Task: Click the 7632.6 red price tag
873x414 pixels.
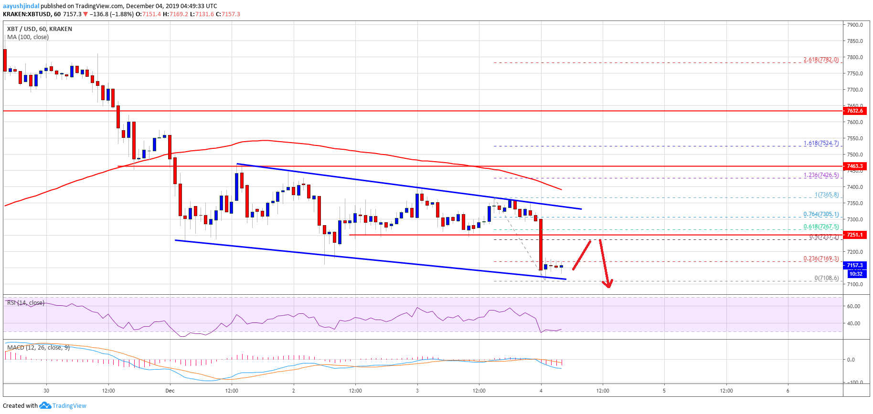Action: click(x=854, y=111)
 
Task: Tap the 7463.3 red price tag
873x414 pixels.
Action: click(x=854, y=166)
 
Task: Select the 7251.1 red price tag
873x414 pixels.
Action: click(x=854, y=235)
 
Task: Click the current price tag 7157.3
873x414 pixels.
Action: click(x=854, y=265)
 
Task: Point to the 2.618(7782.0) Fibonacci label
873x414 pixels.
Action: click(x=820, y=60)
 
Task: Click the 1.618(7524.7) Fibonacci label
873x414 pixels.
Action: click(x=820, y=143)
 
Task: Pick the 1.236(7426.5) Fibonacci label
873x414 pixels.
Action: click(x=820, y=175)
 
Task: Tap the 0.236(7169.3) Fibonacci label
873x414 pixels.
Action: click(x=820, y=259)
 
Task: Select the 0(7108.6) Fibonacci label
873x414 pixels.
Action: click(x=826, y=278)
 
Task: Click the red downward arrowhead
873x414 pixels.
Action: click(x=607, y=284)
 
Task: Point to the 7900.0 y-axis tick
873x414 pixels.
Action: click(x=855, y=25)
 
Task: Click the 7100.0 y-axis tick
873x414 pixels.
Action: click(x=855, y=284)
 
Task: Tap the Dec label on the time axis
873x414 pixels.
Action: click(x=170, y=391)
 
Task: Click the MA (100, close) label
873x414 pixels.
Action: click(x=28, y=37)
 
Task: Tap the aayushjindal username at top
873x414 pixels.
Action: click(x=21, y=6)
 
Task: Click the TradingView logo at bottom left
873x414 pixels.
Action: click(x=63, y=405)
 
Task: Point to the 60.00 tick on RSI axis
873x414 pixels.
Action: click(x=853, y=306)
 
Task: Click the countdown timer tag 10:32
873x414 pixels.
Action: click(x=856, y=274)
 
